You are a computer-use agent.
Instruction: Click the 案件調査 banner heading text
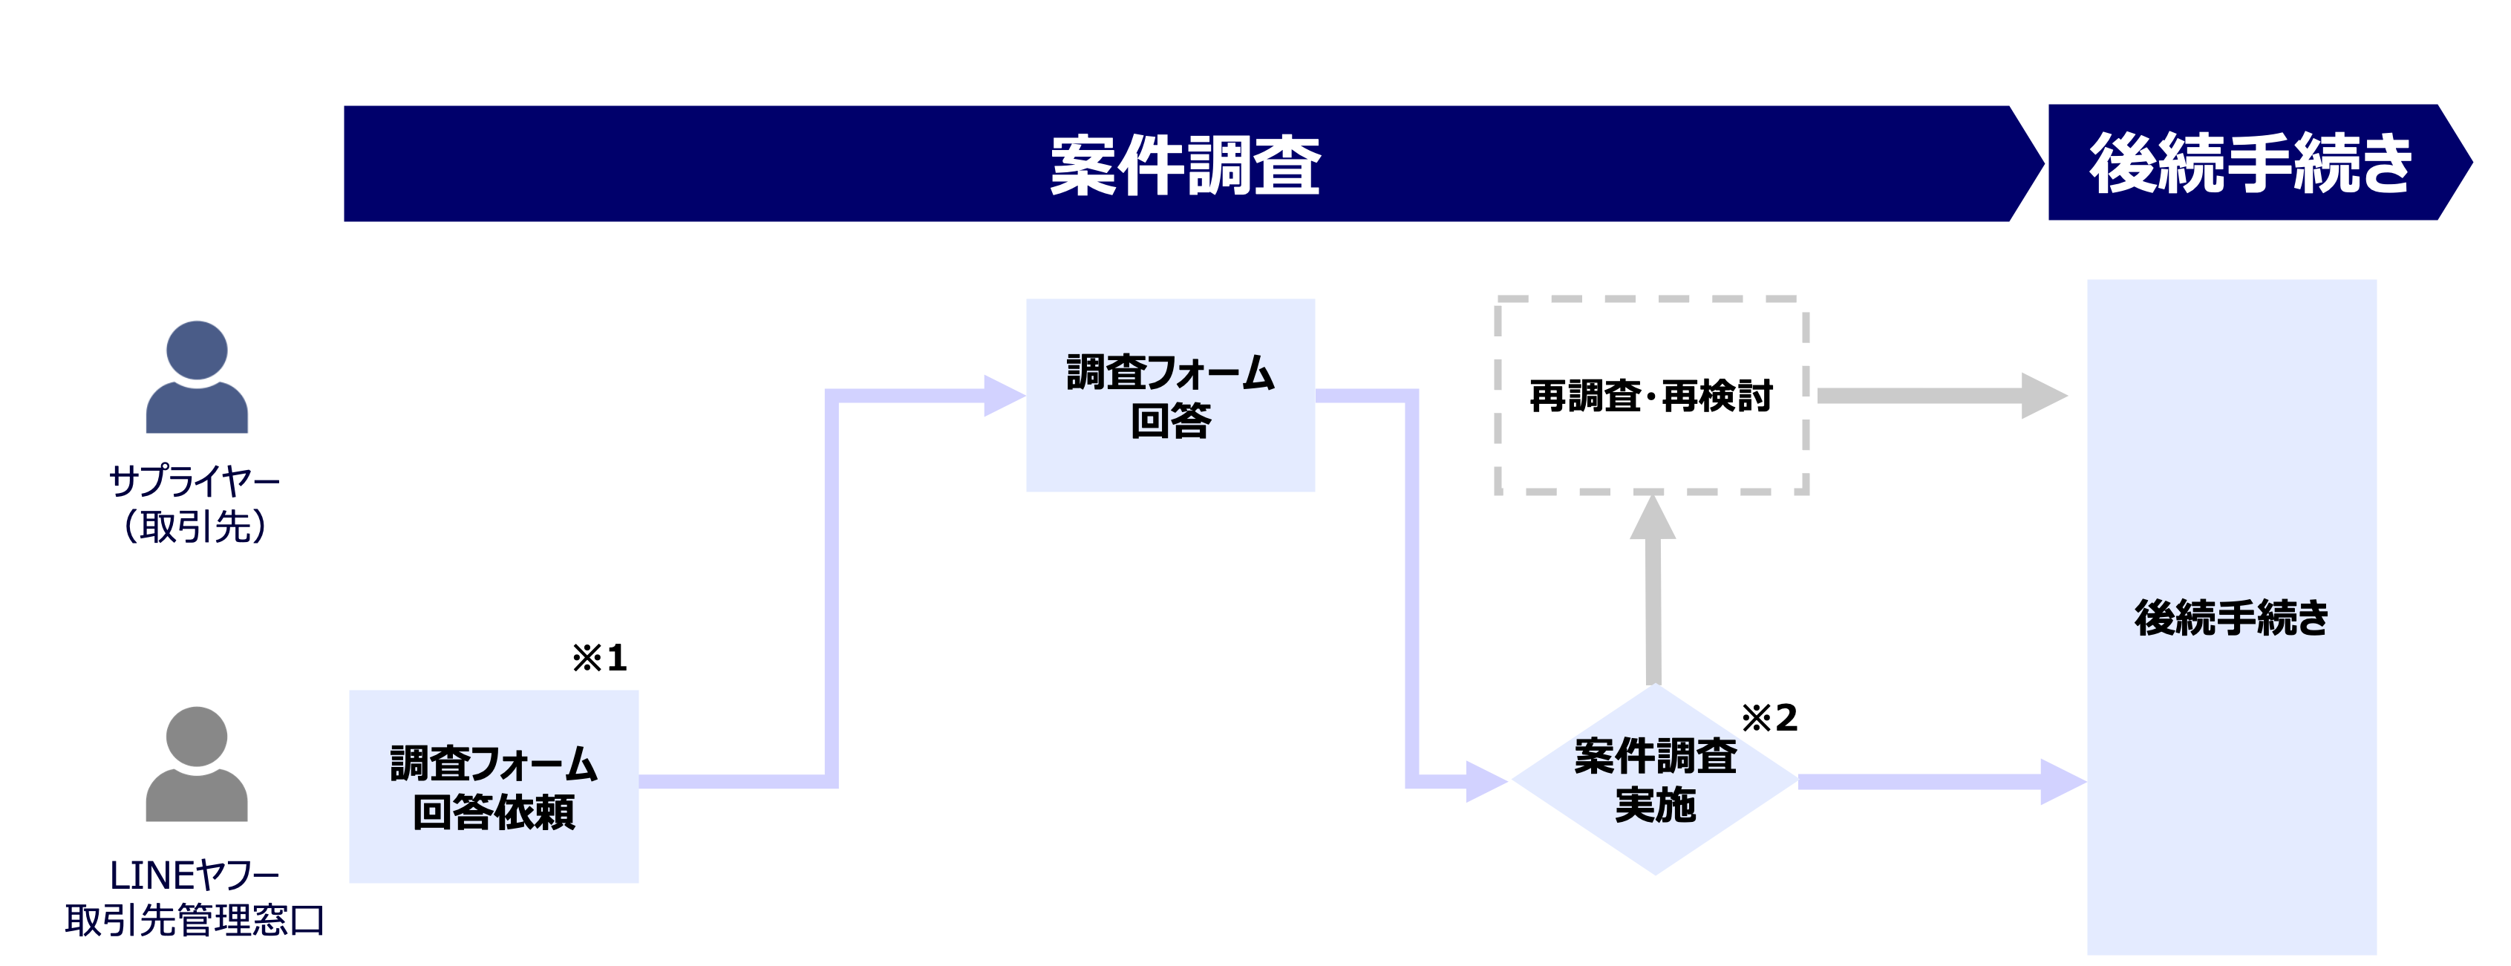1184,166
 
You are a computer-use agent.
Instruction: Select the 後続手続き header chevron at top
2252,163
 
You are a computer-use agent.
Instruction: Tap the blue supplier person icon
197,377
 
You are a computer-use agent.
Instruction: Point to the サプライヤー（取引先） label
195,503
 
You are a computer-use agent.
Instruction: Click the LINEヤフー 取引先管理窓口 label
195,898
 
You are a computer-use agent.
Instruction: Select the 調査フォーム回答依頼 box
493,786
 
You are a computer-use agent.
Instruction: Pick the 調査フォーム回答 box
1169,395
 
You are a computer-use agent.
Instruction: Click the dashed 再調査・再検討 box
1651,396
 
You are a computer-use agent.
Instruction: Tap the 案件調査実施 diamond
1654,780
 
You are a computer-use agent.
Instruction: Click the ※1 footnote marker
599,658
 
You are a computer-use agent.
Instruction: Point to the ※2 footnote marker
1769,719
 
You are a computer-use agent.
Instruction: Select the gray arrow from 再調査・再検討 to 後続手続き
1940,396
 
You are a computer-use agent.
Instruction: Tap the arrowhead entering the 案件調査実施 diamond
1486,781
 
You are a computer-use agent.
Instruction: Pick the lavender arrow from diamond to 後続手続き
1940,782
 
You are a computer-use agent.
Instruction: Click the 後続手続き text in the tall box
2231,618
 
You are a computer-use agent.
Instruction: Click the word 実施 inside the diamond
1655,805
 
